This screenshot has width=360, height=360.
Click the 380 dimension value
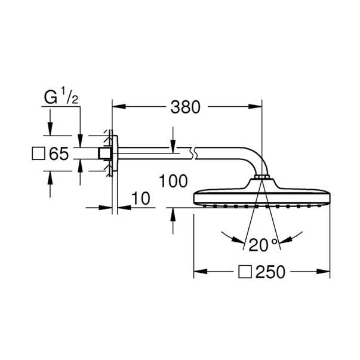pyautogui.click(x=187, y=107)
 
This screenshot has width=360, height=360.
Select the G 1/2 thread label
pyautogui.click(x=60, y=96)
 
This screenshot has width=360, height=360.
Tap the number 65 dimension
pyautogui.click(x=58, y=155)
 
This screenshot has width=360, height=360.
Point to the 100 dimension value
pyautogui.click(x=174, y=181)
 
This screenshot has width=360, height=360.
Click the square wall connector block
pyautogui.click(x=106, y=155)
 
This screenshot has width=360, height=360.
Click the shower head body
pyautogui.click(x=261, y=196)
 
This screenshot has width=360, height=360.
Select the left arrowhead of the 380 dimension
pyautogui.click(x=118, y=107)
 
